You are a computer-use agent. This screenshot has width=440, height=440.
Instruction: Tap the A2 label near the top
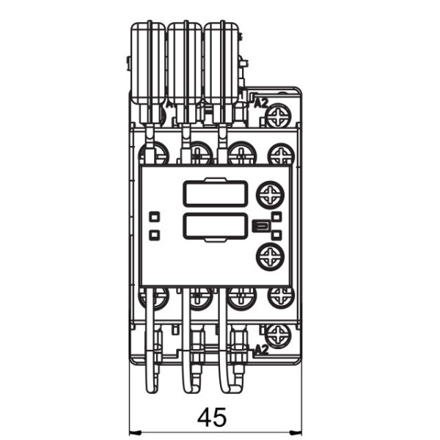tap(260, 104)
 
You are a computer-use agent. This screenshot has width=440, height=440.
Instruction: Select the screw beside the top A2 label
tap(279, 114)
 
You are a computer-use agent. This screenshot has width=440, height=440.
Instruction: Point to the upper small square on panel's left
tap(154, 217)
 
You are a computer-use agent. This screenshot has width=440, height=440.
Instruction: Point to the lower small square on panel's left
tap(154, 235)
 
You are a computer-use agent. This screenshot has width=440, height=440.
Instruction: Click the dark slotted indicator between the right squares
tap(259, 226)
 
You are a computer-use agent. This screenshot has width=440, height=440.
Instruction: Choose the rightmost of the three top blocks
tap(221, 62)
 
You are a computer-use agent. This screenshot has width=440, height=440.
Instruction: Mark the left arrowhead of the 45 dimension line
tap(133, 431)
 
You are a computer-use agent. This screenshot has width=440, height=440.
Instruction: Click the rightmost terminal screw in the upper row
tap(281, 153)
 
